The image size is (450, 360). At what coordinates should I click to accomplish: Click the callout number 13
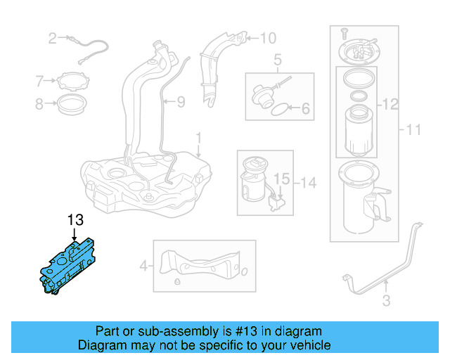tap(75, 220)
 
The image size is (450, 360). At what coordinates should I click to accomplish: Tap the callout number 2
tap(52, 38)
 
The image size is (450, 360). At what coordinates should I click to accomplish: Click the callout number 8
tap(39, 105)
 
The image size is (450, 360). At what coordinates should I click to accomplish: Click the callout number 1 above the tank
tap(198, 136)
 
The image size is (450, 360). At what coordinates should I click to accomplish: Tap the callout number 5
tap(277, 60)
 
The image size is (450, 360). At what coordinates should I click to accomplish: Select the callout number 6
tap(305, 109)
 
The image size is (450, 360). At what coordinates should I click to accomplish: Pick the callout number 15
tap(281, 179)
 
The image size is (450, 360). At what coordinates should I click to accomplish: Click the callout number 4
tap(144, 266)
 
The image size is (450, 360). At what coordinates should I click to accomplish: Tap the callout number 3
tap(385, 302)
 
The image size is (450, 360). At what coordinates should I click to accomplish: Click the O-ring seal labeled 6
tap(279, 110)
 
